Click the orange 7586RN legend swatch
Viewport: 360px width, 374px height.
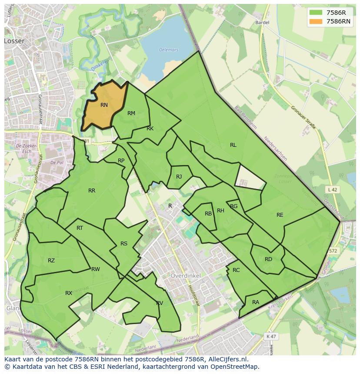(316, 21)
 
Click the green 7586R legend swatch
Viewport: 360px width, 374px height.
(316, 13)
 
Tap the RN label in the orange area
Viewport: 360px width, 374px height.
(104, 105)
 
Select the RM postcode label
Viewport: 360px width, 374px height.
(131, 113)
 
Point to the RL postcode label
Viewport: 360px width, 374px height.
(233, 145)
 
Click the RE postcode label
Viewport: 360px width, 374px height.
(280, 215)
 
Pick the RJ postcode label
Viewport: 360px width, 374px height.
(179, 177)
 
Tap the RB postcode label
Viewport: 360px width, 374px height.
(208, 214)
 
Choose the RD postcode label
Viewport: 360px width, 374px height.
(268, 259)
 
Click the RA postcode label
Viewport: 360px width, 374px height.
(255, 302)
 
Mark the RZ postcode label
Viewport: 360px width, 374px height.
(51, 261)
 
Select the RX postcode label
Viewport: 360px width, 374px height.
(69, 293)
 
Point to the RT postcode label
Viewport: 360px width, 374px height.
(80, 228)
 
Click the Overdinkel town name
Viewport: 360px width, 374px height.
(185, 276)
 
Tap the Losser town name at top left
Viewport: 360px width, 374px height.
(14, 41)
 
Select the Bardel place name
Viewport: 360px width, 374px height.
(263, 22)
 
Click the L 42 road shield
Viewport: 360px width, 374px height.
(332, 189)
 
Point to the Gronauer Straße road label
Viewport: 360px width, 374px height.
(303, 118)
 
